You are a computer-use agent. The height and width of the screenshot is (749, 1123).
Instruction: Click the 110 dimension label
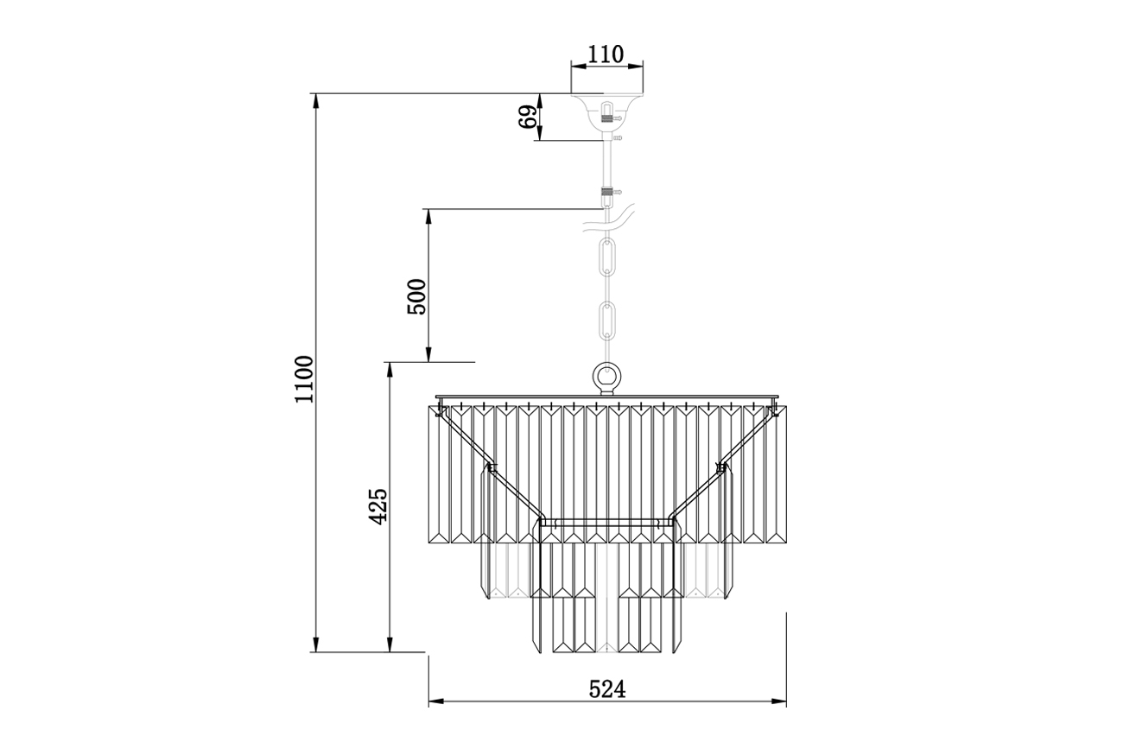point(606,54)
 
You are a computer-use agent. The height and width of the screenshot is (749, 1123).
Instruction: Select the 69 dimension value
point(528,117)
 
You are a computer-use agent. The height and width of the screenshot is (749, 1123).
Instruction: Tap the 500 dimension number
point(416,297)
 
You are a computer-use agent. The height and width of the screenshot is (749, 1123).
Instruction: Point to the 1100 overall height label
point(304,379)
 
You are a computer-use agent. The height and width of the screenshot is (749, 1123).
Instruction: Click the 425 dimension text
point(378,506)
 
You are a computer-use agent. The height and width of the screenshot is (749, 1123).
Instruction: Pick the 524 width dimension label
point(607,689)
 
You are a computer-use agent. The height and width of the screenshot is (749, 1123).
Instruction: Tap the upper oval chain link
point(607,257)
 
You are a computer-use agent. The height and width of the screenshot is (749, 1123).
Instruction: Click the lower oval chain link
point(607,321)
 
